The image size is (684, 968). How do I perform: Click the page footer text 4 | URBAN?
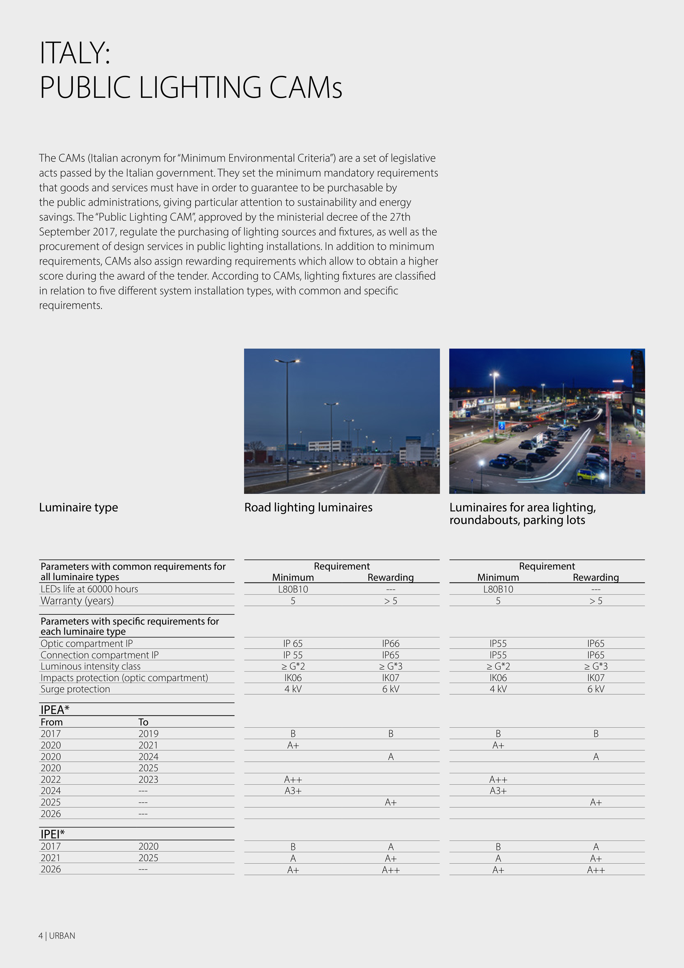57,936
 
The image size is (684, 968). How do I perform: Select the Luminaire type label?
78,507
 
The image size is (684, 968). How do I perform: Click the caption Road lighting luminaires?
308,507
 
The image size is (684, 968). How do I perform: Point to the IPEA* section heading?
55,710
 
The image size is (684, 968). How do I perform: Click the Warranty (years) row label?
77,600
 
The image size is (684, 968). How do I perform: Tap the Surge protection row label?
75,689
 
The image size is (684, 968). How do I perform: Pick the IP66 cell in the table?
391,643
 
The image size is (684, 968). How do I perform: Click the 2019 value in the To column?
148,734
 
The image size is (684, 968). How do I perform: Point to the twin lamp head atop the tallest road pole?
287,361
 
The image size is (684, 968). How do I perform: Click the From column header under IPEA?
51,722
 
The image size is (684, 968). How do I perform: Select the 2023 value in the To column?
148,779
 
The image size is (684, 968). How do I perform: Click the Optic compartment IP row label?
86,643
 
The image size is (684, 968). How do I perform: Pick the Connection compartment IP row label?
99,655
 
